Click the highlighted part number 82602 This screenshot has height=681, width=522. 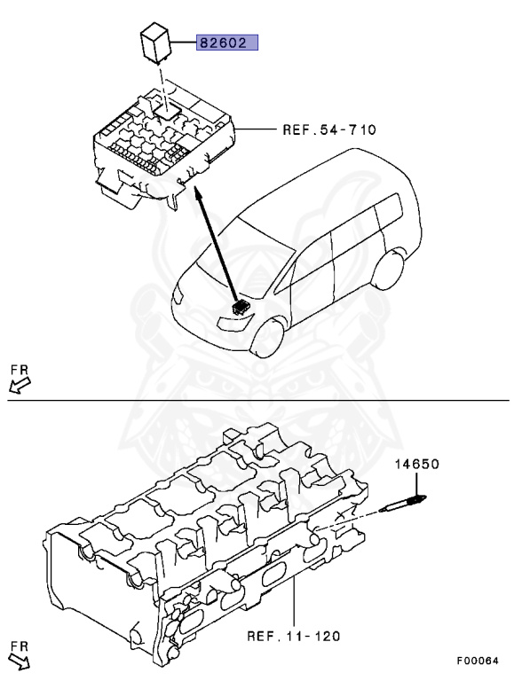point(227,43)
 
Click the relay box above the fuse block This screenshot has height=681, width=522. point(154,44)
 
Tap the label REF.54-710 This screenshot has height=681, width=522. point(329,129)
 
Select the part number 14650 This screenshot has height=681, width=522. point(416,464)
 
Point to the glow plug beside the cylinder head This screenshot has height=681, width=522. point(403,504)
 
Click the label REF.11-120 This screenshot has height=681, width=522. point(294,637)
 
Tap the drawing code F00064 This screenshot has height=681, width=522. point(478,661)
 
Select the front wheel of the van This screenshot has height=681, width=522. point(268,338)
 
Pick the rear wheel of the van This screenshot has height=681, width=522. point(388,269)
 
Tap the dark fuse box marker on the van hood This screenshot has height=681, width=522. point(240,307)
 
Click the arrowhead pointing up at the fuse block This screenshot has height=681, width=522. point(197,192)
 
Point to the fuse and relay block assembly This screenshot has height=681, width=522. point(164,149)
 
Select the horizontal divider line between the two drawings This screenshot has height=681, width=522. point(259,400)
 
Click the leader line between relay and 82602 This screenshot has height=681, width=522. point(183,43)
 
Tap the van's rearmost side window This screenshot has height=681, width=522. point(390,211)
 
